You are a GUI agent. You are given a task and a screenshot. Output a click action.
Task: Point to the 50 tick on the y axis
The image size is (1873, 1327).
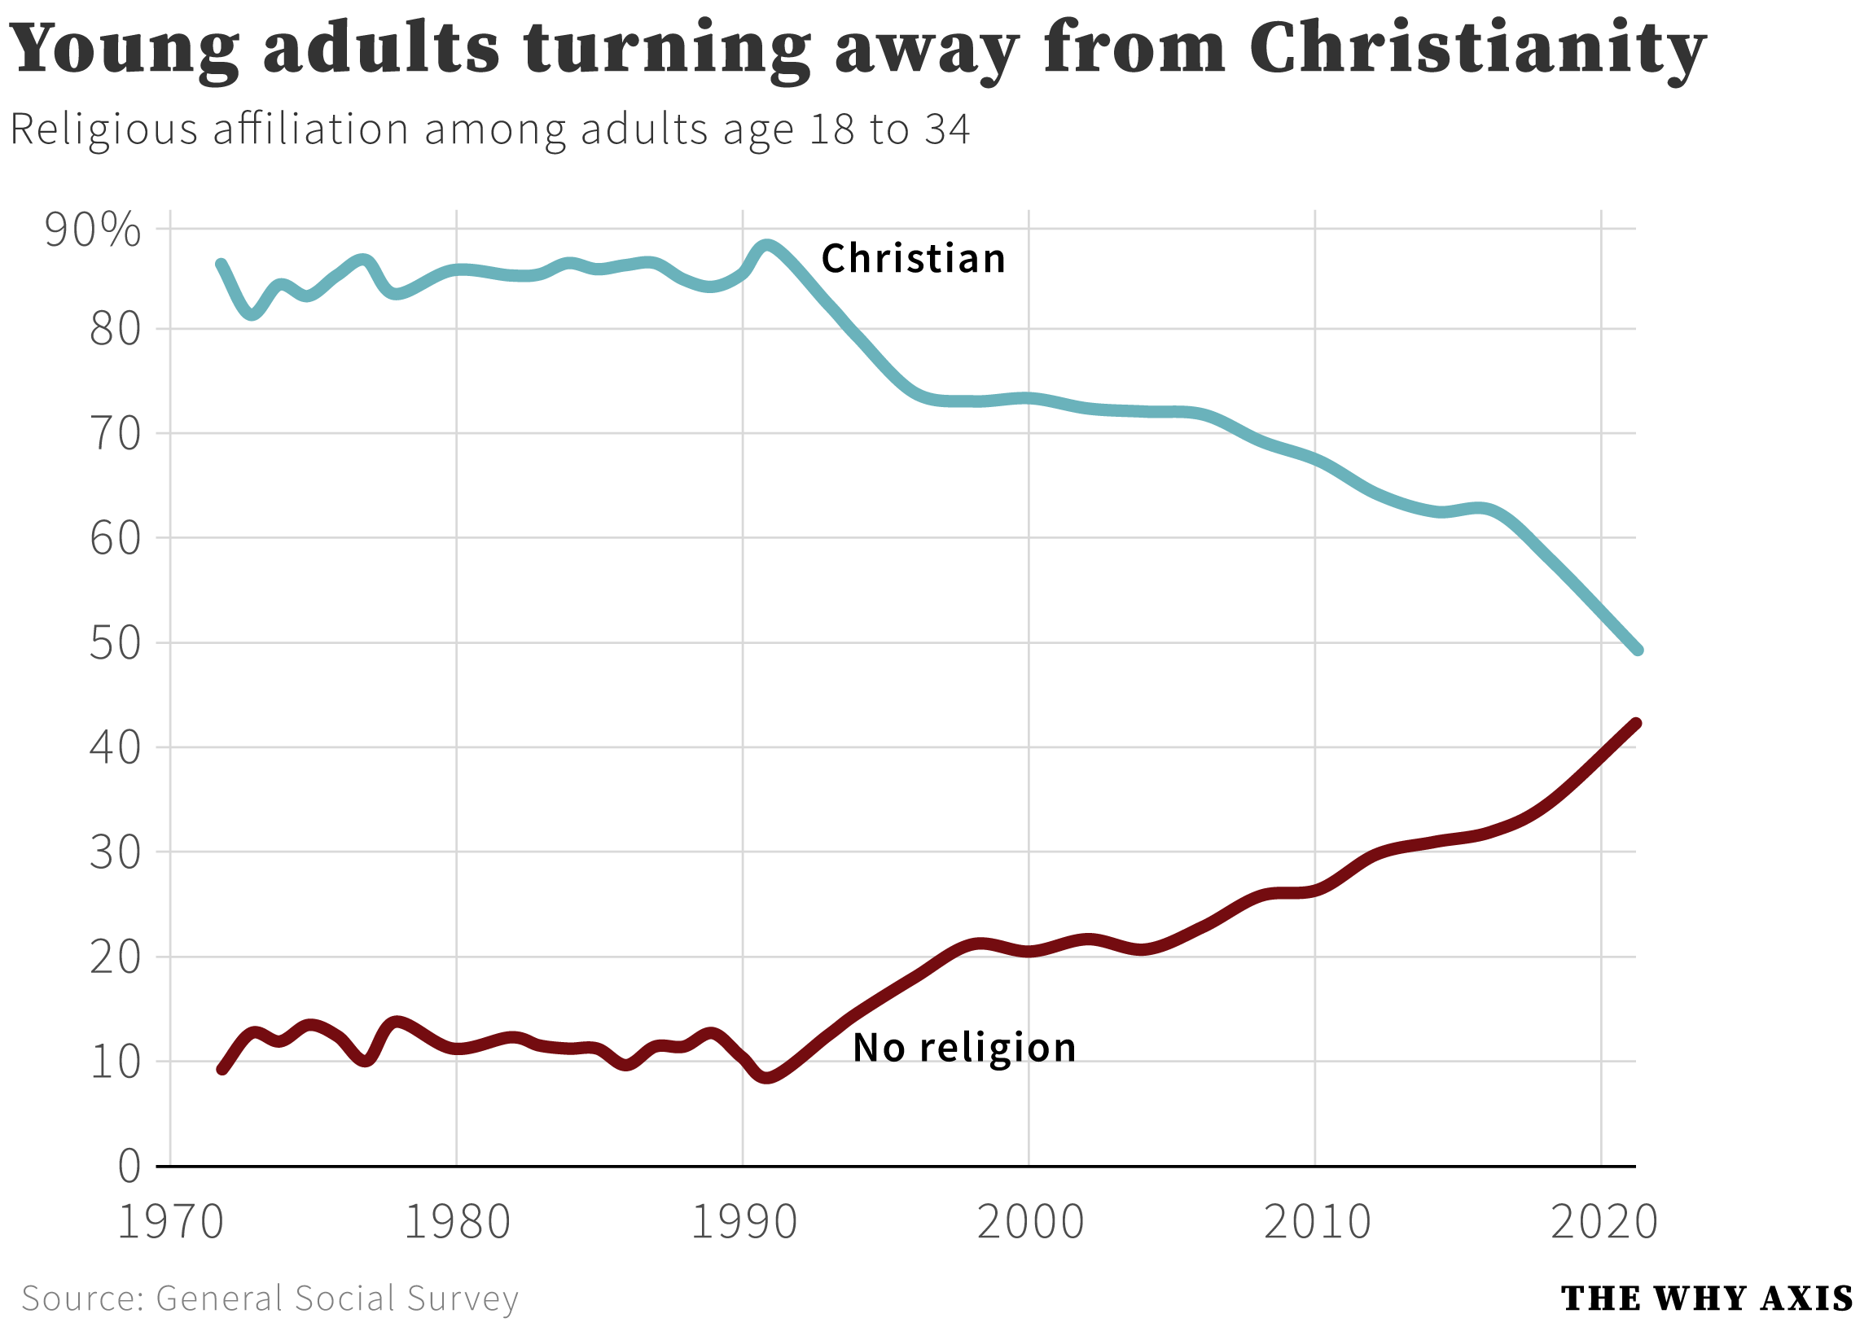click(114, 643)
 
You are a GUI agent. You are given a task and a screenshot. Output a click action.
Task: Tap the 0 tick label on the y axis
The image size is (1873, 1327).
click(129, 1166)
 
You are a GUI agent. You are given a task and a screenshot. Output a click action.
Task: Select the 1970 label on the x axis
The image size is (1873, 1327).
click(170, 1224)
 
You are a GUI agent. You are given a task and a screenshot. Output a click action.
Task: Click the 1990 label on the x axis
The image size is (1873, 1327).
click(743, 1224)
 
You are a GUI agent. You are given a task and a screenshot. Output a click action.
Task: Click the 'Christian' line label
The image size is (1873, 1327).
click(913, 259)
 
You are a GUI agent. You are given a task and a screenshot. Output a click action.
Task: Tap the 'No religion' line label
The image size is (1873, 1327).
click(964, 1048)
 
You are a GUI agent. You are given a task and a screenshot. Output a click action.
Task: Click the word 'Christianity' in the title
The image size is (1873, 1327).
click(1477, 49)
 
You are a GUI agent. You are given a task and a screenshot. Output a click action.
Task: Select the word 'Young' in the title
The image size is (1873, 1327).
click(125, 49)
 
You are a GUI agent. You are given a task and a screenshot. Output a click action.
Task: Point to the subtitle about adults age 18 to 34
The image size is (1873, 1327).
click(489, 130)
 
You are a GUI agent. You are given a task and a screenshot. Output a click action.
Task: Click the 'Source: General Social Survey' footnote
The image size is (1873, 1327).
click(270, 1299)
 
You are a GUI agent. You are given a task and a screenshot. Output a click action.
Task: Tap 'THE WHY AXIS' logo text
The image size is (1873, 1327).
click(1706, 1299)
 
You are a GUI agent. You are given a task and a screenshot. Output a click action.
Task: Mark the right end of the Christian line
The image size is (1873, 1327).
click(1638, 650)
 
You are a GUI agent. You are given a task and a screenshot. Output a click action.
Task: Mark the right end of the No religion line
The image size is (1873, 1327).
click(1636, 723)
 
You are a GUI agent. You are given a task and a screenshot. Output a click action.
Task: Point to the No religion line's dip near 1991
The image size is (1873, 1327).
click(766, 1079)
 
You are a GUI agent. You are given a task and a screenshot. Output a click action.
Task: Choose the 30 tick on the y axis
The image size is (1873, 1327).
click(114, 852)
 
